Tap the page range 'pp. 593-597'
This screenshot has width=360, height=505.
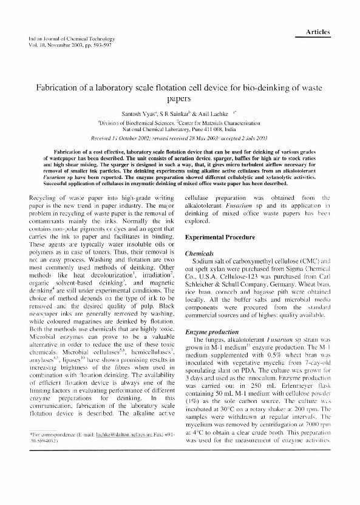(95, 46)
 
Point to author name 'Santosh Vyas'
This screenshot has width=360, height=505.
(137, 114)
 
